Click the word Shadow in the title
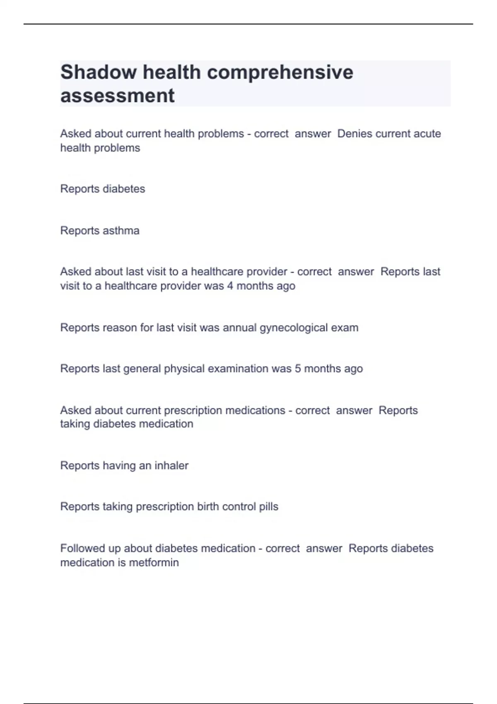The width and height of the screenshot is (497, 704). coord(98,72)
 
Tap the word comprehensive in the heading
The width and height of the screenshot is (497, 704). coord(280,72)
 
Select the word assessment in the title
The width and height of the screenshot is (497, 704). coord(117,96)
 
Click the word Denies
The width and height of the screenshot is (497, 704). coord(355,134)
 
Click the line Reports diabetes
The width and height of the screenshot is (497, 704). coord(103,189)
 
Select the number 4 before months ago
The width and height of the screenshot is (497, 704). coord(230,286)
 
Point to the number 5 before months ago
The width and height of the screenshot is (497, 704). coord(298,369)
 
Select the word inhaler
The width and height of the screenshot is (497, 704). coord(171,465)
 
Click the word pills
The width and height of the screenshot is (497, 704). coord(268,506)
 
